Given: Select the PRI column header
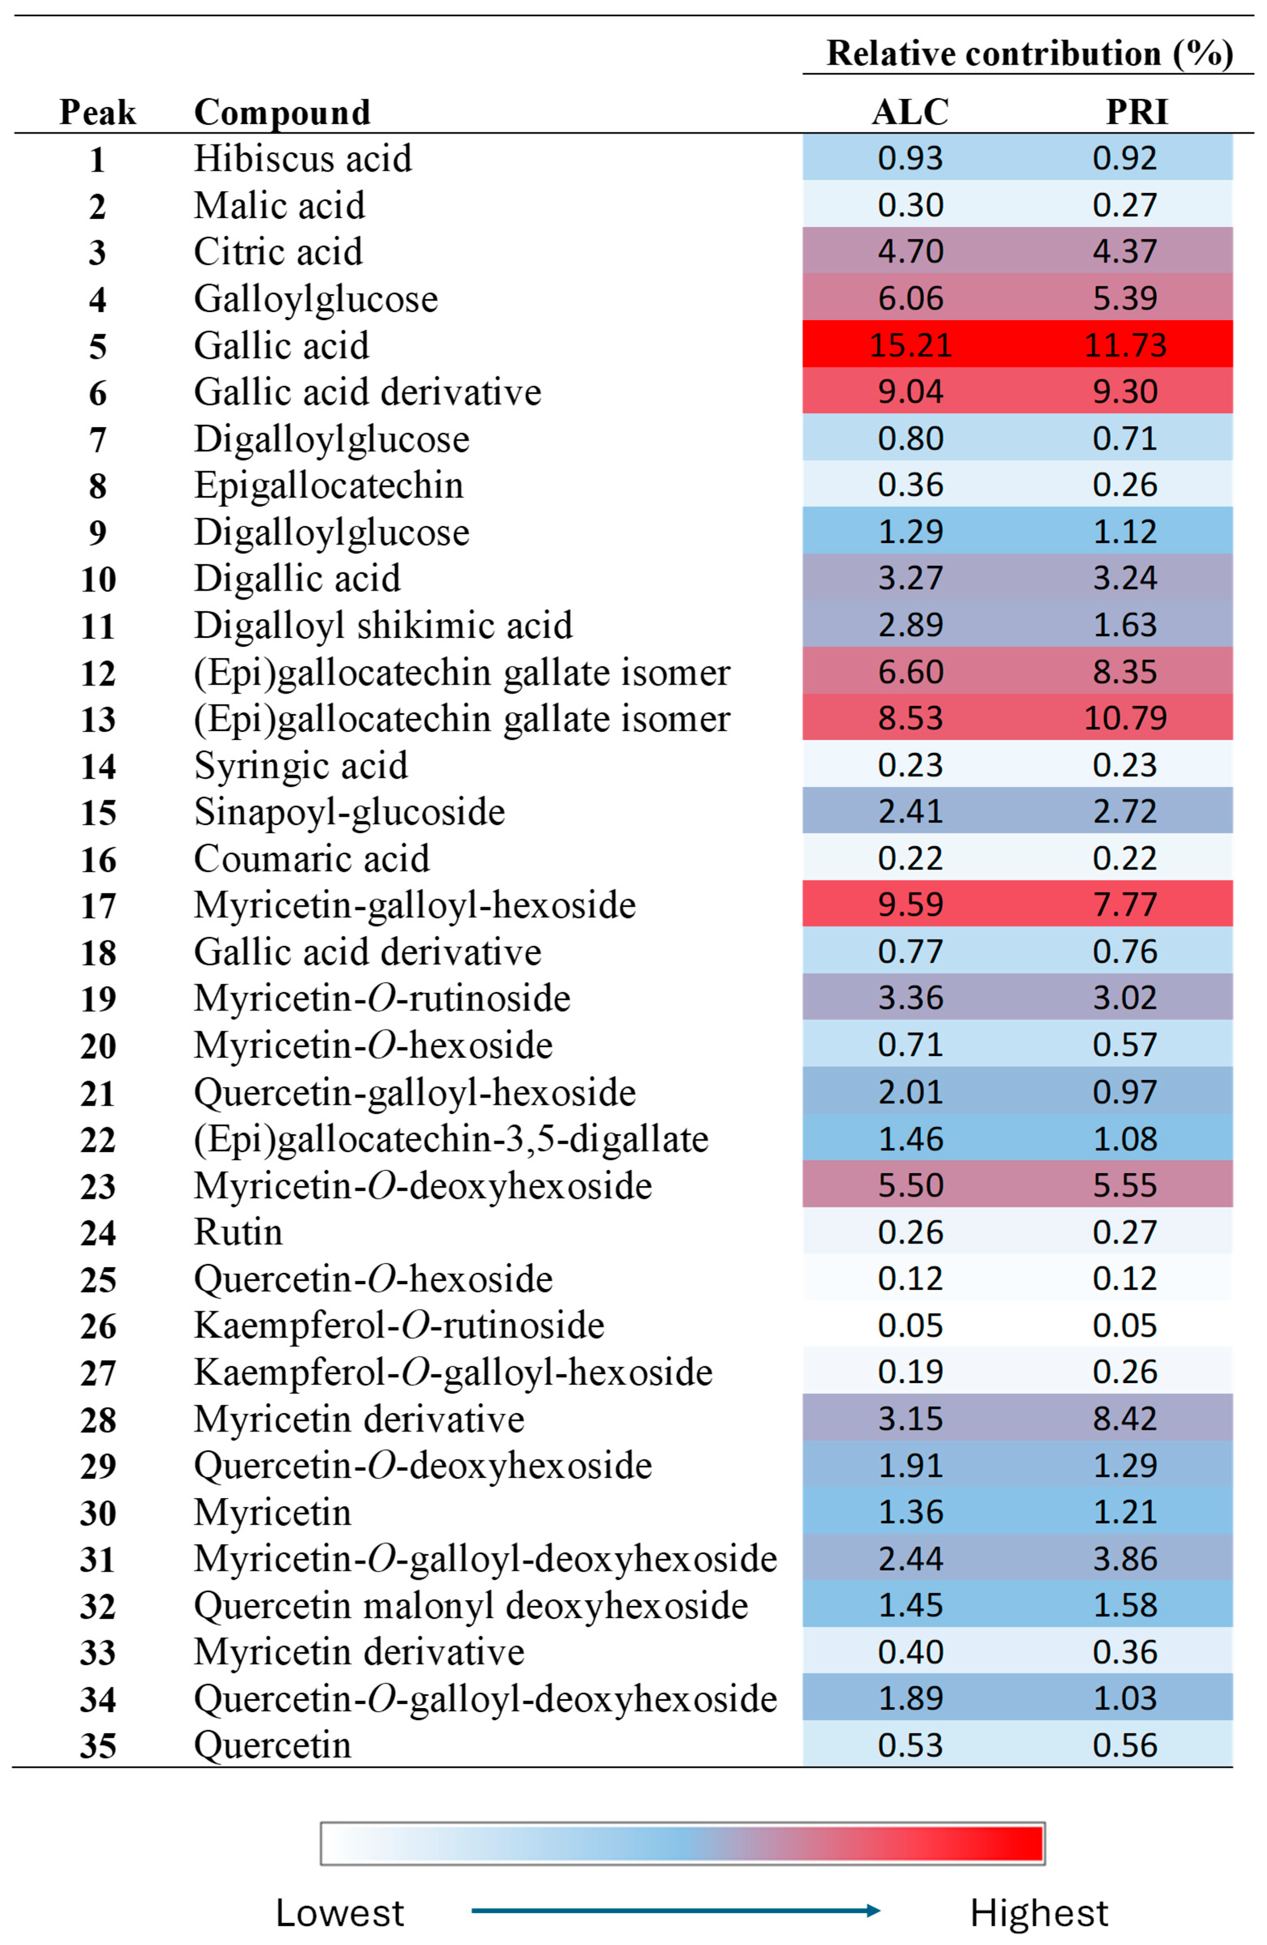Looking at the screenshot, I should point(1136,112).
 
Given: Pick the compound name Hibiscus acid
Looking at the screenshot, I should point(302,159).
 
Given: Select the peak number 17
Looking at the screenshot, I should point(98,905).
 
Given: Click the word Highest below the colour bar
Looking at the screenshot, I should point(1038,1913).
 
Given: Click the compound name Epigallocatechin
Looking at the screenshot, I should point(329,485).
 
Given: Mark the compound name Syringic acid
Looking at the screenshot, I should point(301,766).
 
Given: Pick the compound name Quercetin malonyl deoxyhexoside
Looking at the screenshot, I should point(471,1606).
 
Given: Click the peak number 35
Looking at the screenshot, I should point(98,1746).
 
